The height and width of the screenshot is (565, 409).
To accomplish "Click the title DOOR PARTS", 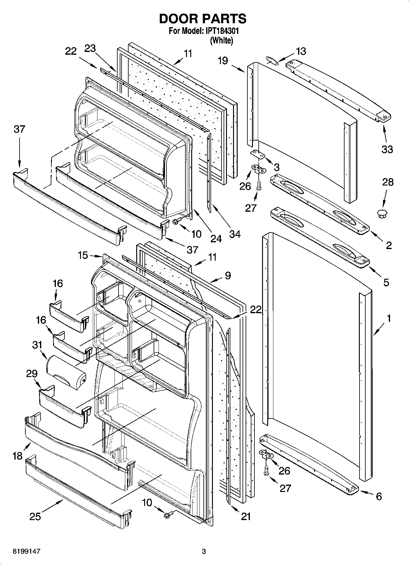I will click(203, 19).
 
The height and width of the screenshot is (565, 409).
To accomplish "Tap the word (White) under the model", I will click(221, 41).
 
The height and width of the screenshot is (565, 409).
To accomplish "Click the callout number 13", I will click(301, 51).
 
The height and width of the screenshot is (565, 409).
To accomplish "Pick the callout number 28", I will click(388, 182).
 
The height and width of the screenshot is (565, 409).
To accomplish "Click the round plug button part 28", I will click(382, 213).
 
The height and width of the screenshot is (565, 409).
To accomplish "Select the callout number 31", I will click(37, 345).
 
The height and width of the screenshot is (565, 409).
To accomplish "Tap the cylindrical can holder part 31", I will click(66, 372).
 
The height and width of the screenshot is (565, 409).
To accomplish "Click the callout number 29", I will click(32, 374).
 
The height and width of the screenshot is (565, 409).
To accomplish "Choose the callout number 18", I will click(18, 456).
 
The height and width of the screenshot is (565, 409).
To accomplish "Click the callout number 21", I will click(246, 517).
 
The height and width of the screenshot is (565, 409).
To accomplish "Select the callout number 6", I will click(379, 496).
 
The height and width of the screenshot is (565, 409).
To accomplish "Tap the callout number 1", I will click(389, 318).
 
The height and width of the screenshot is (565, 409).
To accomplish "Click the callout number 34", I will click(235, 234).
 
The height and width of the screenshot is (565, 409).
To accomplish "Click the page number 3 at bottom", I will click(204, 552).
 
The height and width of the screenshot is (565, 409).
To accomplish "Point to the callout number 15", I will click(83, 255).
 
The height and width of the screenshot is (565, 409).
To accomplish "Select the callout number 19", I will click(223, 61).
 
